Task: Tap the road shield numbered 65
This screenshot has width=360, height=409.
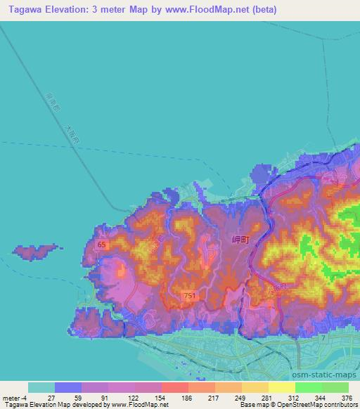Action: (102, 245)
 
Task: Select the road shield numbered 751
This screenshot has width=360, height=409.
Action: (189, 297)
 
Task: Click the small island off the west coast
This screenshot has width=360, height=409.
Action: (34, 250)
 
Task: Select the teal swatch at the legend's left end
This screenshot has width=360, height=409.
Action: (41, 387)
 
